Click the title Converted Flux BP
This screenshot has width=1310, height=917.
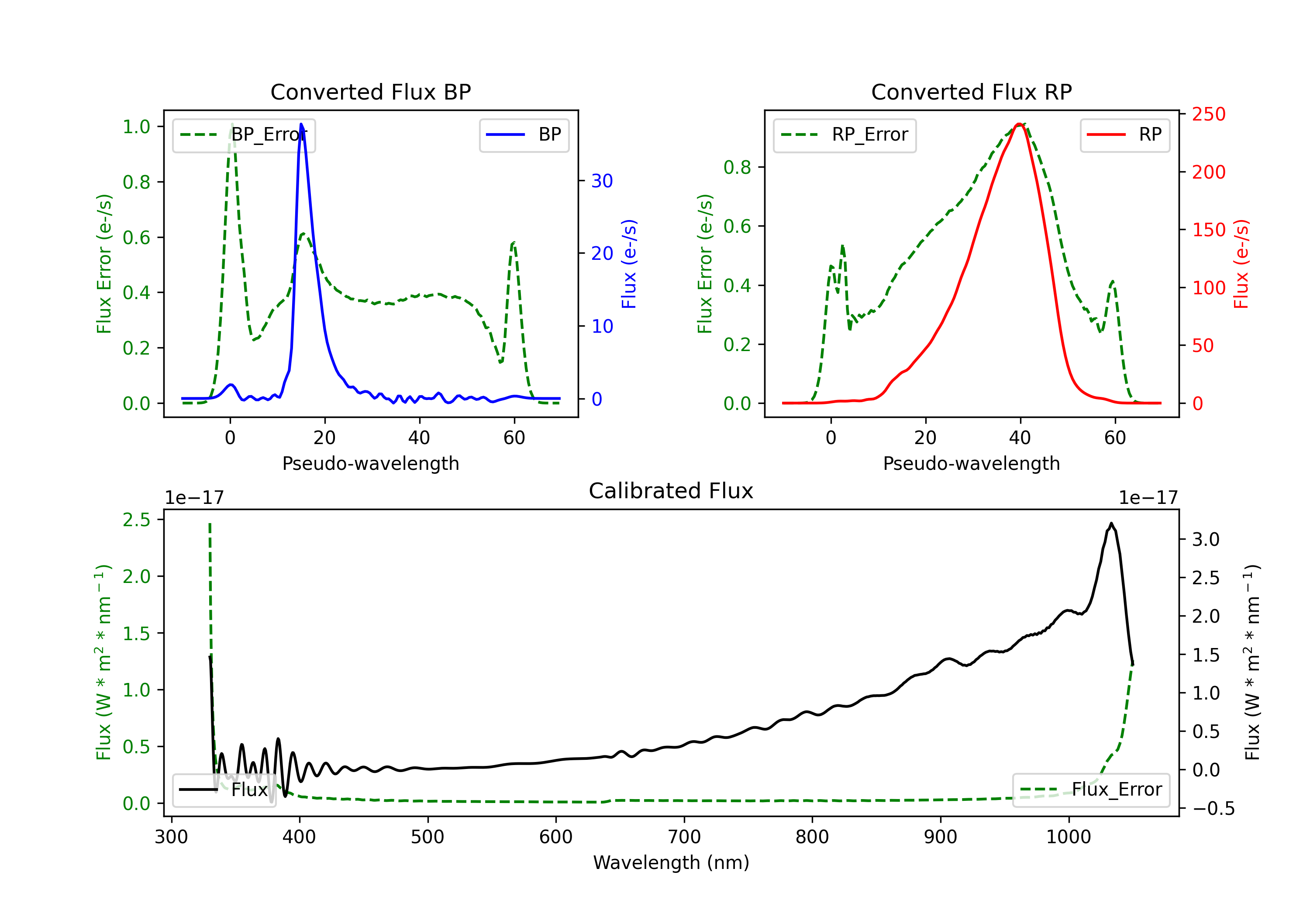pos(371,92)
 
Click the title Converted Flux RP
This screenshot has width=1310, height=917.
pos(972,92)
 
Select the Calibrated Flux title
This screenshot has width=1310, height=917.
pos(671,491)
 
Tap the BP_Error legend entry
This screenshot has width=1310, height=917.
pos(244,134)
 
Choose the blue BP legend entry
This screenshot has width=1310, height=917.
pos(524,134)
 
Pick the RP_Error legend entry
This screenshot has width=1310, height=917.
pos(845,134)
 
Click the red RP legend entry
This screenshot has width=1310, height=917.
pos(1124,134)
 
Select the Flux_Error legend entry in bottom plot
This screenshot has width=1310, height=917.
pos(1091,790)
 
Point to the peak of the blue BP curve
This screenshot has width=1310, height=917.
pos(301,124)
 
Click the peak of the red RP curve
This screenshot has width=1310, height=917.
pos(1019,124)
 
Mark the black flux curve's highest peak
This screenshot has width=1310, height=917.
pos(1111,523)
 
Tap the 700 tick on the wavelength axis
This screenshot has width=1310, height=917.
pos(684,837)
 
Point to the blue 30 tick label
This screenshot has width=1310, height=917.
pos(602,181)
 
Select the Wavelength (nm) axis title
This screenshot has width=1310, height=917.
pos(671,863)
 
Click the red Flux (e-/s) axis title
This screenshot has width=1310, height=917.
pos(1241,264)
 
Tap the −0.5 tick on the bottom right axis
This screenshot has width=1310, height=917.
pos(1213,809)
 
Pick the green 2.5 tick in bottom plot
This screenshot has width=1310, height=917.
pos(136,520)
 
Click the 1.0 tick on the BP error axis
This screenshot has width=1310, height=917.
pos(136,127)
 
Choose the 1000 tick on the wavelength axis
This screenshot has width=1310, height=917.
pos(1069,837)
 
